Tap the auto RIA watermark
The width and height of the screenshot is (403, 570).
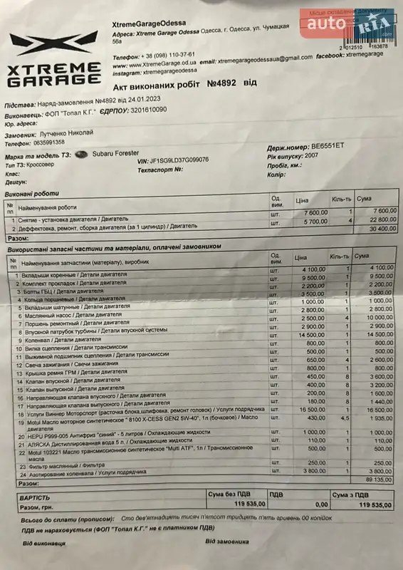pos(350,26)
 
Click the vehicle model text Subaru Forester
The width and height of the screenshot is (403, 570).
pos(116,153)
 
